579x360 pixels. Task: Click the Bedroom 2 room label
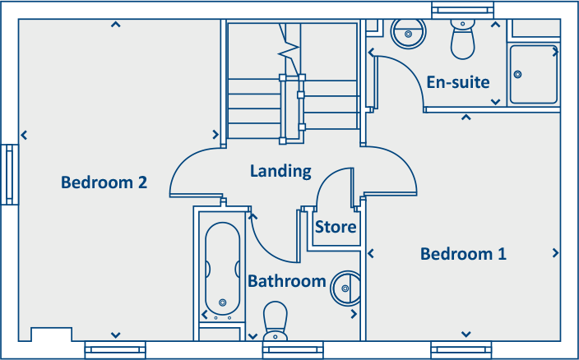104,182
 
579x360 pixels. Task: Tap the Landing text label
280,171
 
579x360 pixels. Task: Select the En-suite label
458,82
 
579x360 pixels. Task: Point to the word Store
336,227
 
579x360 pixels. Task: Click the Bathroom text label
287,281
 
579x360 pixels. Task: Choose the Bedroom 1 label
463,254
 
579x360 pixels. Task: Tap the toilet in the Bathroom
274,321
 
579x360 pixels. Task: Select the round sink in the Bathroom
345,288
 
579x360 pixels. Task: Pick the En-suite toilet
463,38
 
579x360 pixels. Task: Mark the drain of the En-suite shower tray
518,74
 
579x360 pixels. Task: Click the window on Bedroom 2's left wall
9,174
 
